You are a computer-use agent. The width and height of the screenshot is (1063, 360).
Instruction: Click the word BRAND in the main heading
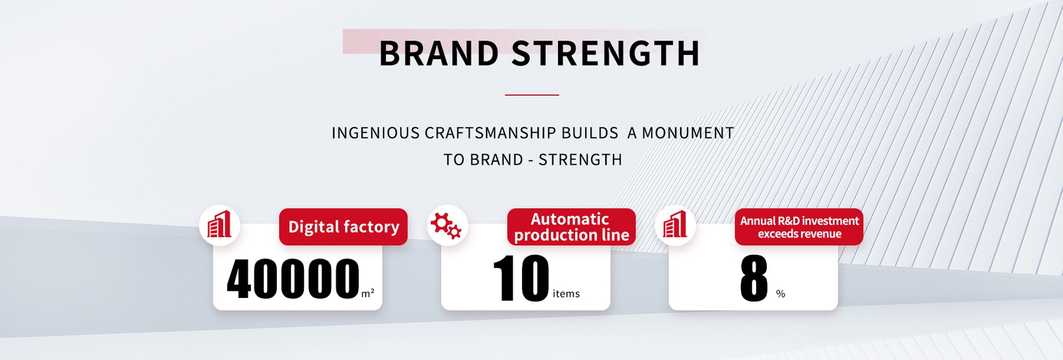point(439,54)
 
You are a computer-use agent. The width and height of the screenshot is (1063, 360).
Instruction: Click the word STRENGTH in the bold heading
point(606,54)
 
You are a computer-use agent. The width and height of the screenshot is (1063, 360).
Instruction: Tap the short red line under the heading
point(531,95)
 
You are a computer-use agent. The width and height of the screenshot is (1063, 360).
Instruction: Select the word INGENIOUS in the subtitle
point(375,133)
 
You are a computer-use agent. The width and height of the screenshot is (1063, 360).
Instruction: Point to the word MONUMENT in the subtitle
point(688,133)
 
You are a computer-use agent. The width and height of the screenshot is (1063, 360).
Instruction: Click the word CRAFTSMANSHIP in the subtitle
point(490,133)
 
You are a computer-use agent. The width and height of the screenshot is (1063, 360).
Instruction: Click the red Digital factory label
point(343,227)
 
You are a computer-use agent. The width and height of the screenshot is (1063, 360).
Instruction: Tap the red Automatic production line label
point(571,227)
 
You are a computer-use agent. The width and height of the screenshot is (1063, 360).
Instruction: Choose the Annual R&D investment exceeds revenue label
point(799,227)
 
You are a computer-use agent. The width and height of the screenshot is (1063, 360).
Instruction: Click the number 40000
point(293,279)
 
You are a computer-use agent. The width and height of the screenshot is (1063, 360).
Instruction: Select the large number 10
point(521,278)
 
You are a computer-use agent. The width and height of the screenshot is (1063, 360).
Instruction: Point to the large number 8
point(754,278)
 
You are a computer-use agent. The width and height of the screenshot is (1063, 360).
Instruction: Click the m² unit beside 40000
point(368,294)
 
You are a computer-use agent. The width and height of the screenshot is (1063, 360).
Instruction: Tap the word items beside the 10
point(566,294)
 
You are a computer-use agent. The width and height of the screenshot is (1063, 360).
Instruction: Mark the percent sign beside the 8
point(781,294)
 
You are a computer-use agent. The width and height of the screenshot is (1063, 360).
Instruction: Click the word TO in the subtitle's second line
point(454,160)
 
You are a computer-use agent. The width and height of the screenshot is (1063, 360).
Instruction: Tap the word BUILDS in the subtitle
point(590,133)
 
